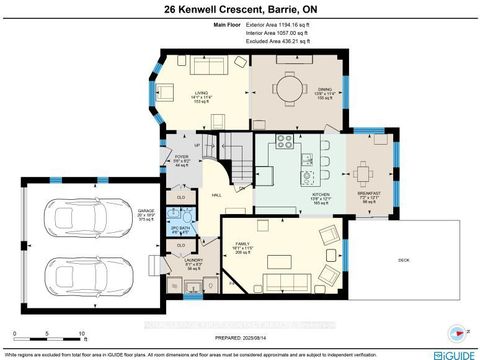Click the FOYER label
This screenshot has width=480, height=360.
click(182, 157)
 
